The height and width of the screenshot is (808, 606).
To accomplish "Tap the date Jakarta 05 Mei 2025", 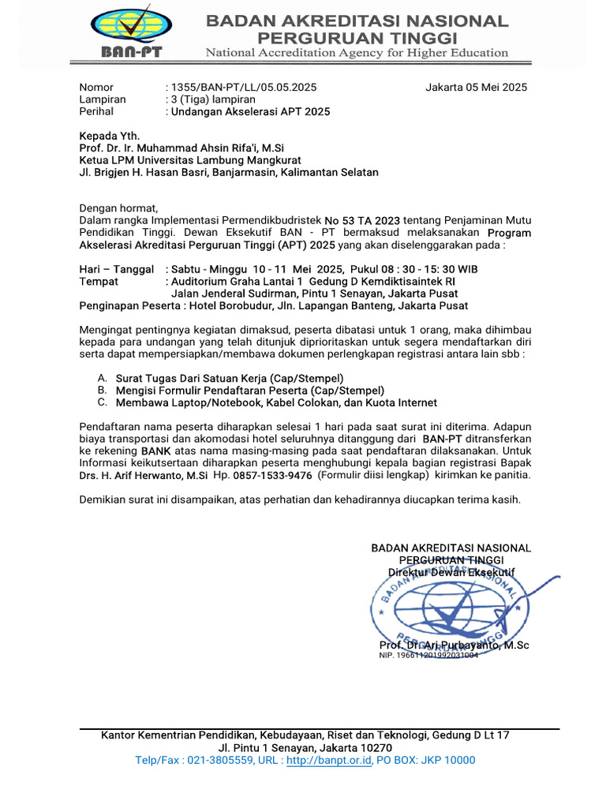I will (476, 88).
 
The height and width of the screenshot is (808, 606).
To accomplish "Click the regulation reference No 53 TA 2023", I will (362, 221).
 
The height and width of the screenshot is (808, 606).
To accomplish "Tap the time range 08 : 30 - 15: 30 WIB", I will (421, 269).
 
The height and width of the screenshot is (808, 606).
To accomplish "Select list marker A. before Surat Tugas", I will (103, 379).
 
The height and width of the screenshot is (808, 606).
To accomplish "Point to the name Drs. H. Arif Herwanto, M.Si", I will (144, 476).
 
